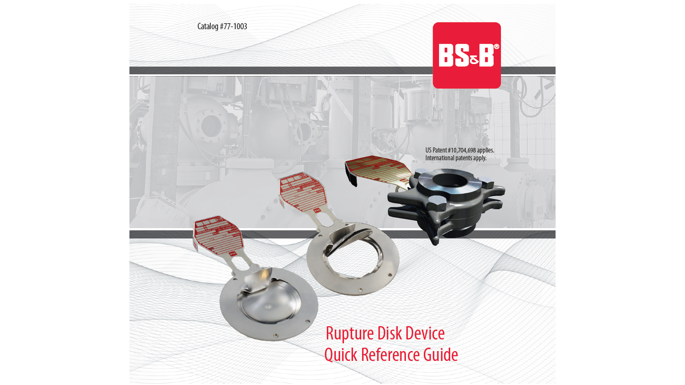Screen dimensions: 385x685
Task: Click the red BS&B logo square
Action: coord(467,55)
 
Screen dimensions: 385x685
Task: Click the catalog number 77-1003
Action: coord(233,26)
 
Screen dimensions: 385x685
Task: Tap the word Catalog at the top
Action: coord(208,26)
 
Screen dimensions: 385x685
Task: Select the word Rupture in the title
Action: coord(350,334)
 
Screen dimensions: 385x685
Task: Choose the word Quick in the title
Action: coord(341,355)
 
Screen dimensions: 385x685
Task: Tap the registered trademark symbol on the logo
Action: coord(496,46)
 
